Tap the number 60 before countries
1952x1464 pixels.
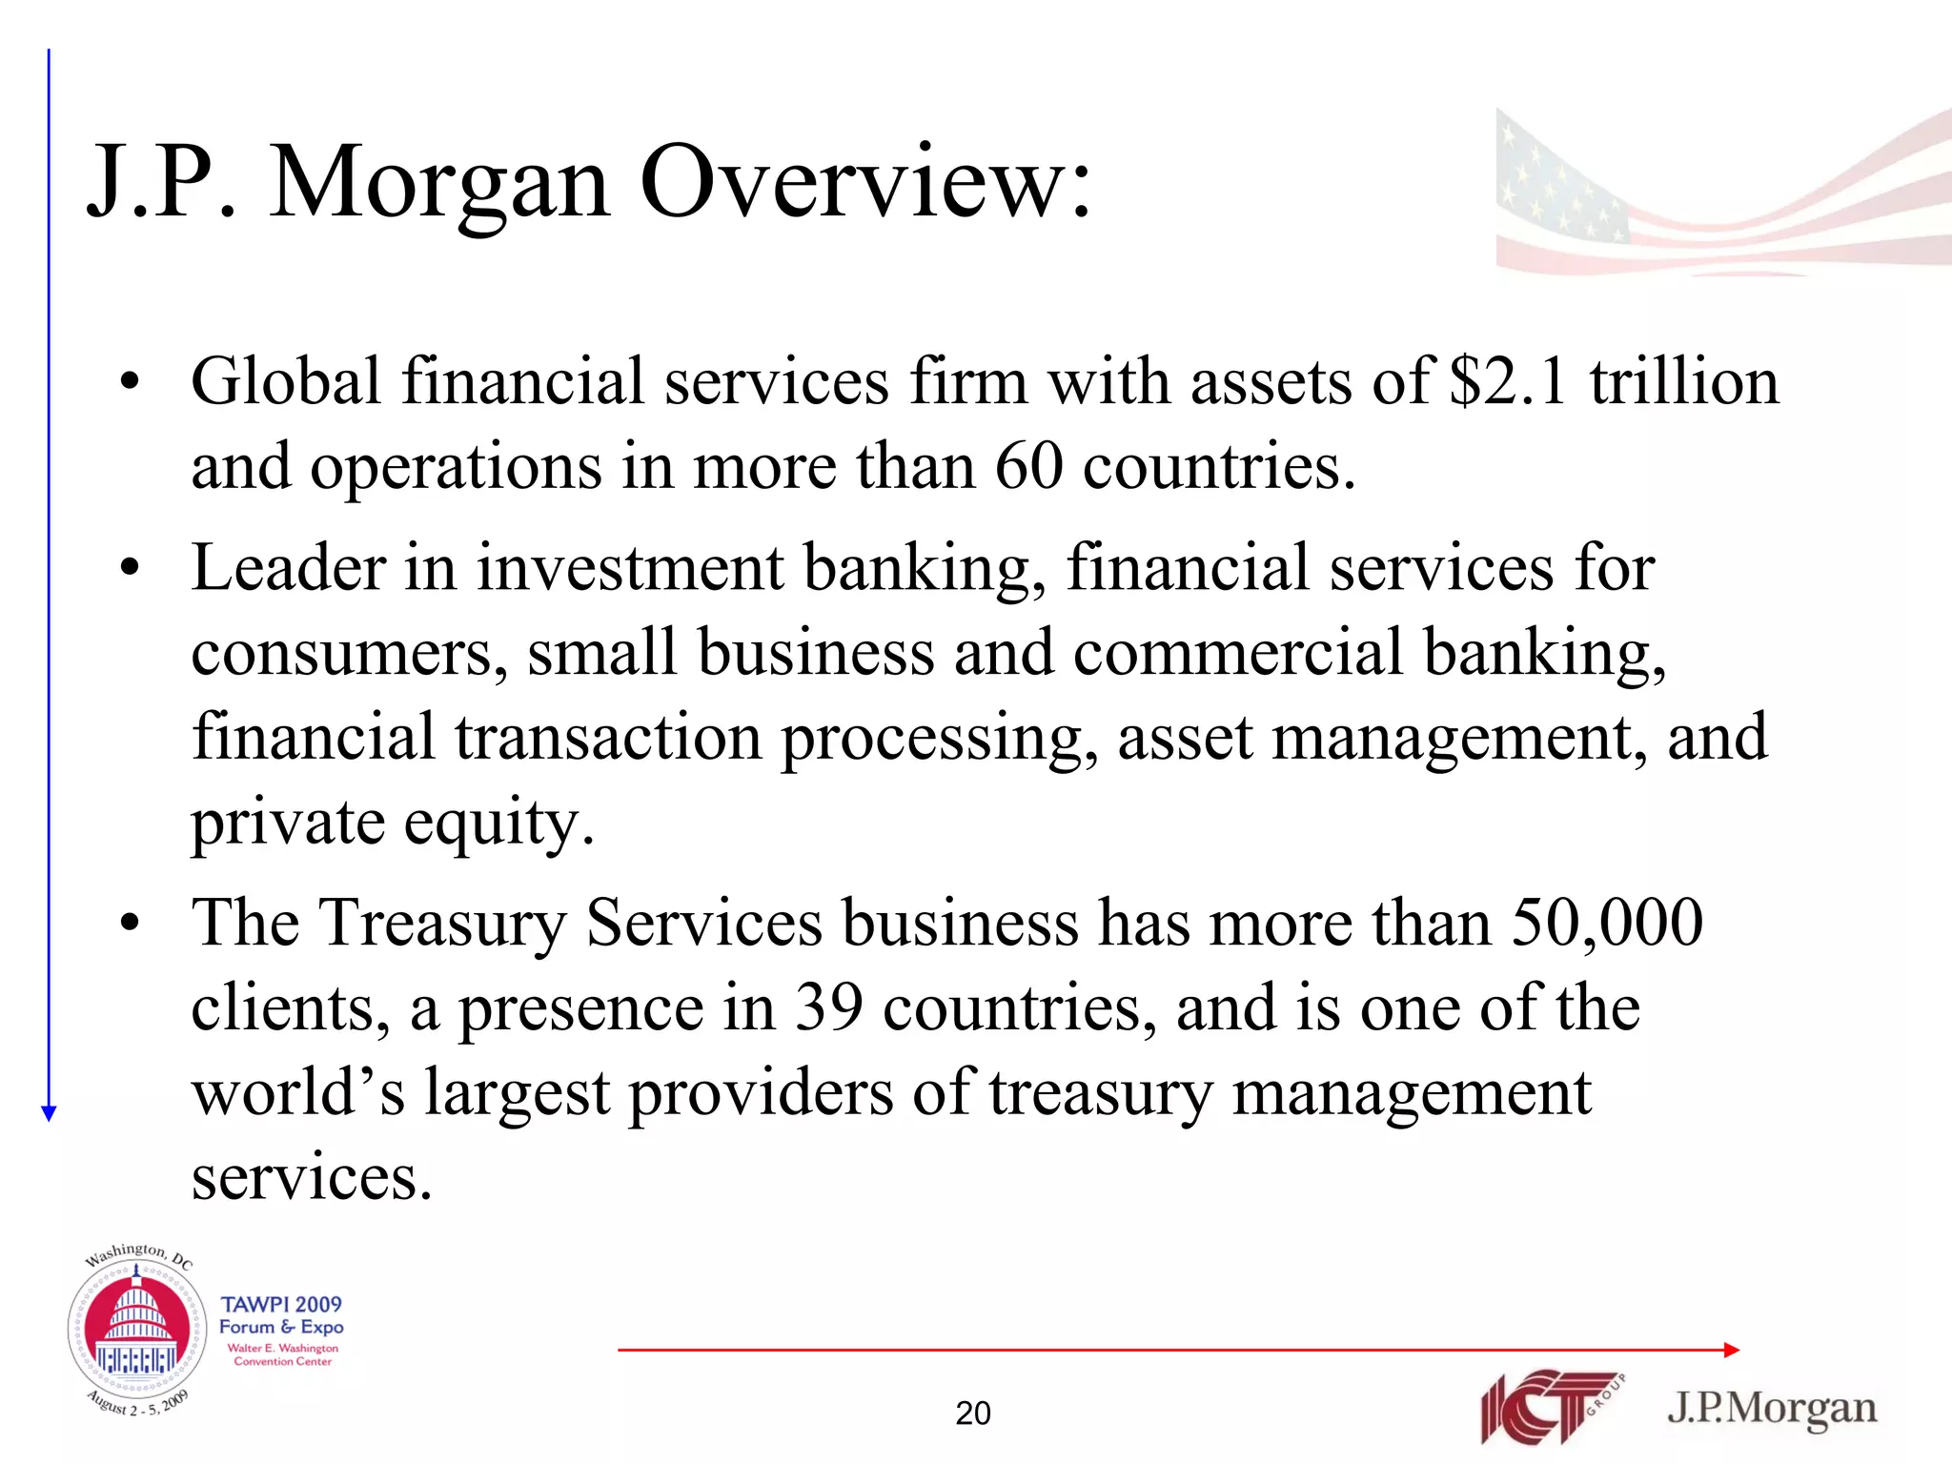pos(1028,466)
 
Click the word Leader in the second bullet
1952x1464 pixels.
pos(287,567)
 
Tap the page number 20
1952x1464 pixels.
pos(973,1413)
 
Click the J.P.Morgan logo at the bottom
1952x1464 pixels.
pos(1771,1407)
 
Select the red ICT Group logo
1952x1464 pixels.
pos(1549,1407)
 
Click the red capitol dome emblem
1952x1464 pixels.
pos(137,1329)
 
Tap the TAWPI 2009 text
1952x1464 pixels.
pos(281,1304)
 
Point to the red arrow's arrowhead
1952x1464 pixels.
pos(1732,1350)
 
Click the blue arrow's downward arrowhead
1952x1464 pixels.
pos(50,1112)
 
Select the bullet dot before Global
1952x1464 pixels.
pos(131,383)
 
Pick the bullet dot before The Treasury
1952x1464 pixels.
pos(131,924)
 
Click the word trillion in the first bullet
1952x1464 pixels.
pos(1683,381)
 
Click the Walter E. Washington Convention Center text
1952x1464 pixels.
pos(283,1354)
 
